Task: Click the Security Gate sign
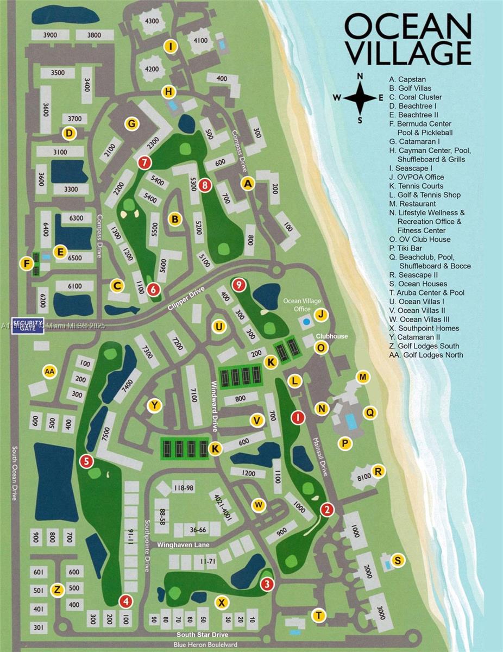28,325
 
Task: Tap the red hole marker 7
144,162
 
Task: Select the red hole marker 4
126,601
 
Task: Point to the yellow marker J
322,315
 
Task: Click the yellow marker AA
50,372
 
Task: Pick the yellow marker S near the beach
398,560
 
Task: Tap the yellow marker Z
58,590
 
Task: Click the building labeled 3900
50,35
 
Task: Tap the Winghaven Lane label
183,544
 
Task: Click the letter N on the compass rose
359,77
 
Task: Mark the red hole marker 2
327,509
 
